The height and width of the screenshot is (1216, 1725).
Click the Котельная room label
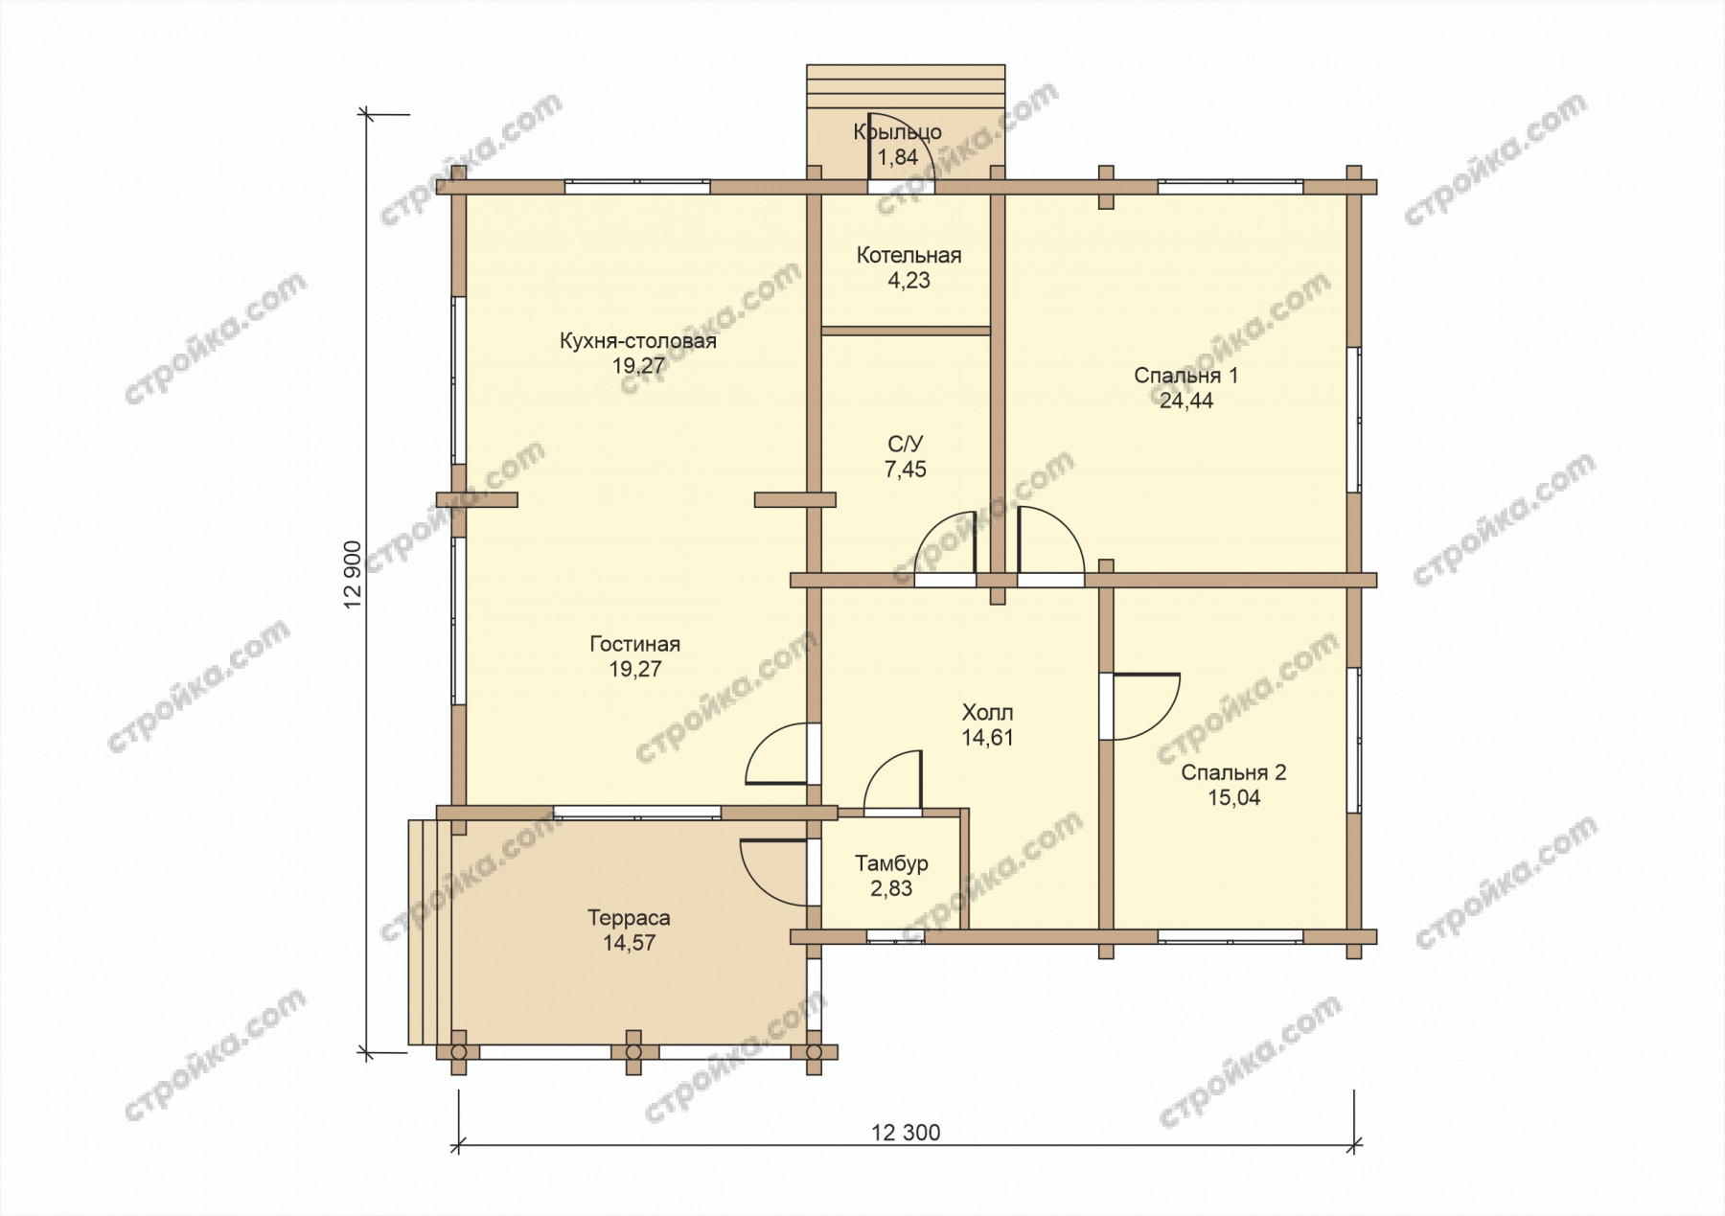(908, 256)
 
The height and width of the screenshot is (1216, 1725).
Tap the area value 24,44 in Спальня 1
(1186, 402)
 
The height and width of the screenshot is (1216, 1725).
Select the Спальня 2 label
(1233, 773)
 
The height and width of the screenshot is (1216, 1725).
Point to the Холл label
(987, 713)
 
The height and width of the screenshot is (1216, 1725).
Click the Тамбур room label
(891, 864)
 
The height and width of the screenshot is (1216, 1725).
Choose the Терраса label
(629, 918)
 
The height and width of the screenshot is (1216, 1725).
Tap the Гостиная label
(634, 645)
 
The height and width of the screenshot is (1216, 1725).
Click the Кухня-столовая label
(638, 341)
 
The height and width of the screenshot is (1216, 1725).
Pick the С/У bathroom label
(906, 445)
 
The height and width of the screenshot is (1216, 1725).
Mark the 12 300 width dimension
(906, 1133)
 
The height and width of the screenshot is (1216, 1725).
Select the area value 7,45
(906, 470)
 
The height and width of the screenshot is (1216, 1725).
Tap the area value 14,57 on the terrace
(629, 943)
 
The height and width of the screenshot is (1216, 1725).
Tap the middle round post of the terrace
(632, 1051)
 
